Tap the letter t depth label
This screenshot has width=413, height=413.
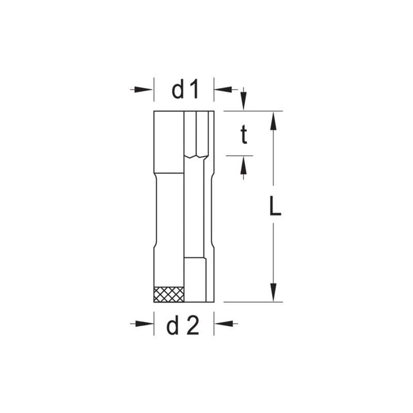(x=242, y=136)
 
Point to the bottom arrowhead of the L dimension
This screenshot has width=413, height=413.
(x=273, y=293)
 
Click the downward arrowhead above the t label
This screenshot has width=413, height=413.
(x=242, y=101)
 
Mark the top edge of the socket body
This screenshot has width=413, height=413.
(x=183, y=111)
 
